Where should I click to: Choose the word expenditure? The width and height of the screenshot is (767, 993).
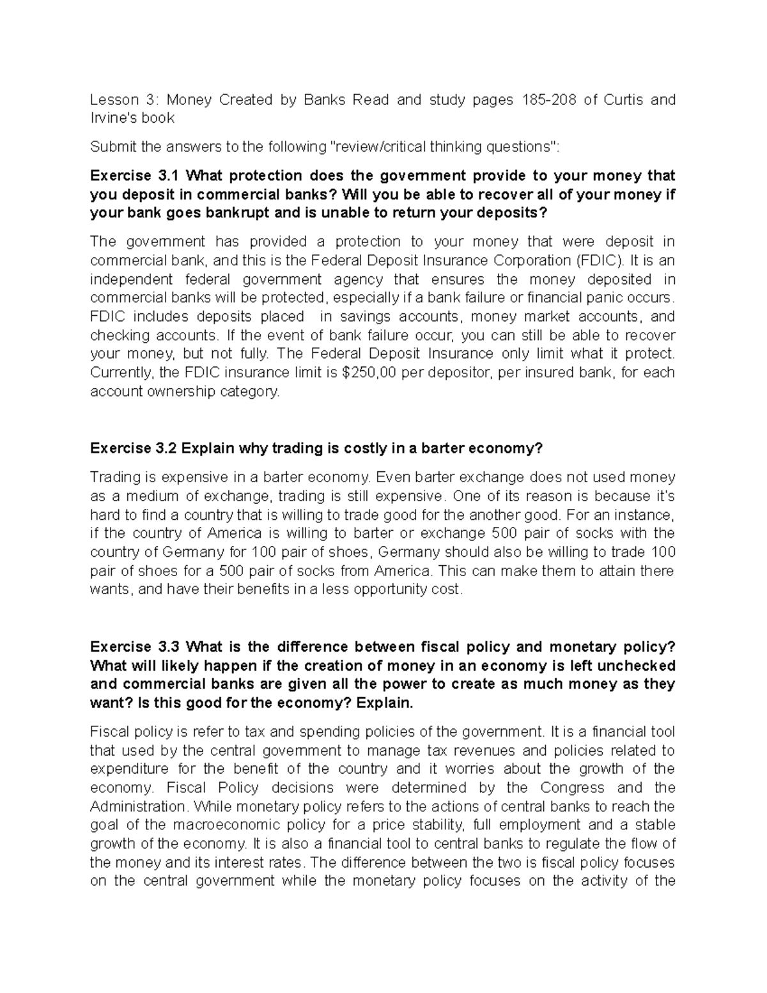click(130, 769)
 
